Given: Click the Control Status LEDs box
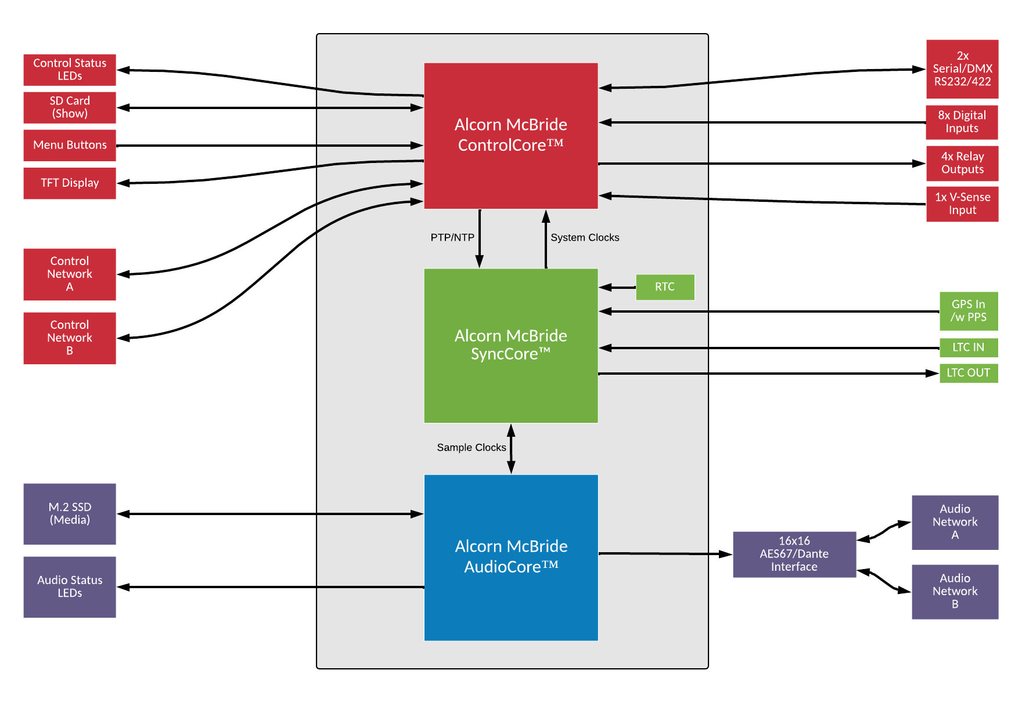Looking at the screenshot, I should (x=70, y=70).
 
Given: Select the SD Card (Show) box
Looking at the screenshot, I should (x=70, y=107).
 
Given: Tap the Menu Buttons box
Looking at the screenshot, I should (x=70, y=145).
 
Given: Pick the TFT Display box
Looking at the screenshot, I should (x=70, y=183).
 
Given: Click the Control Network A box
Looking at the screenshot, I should (x=70, y=274).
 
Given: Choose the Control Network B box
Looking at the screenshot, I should (x=70, y=338).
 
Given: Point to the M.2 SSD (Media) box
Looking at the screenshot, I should (x=70, y=514).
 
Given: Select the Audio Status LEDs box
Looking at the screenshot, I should (x=70, y=587).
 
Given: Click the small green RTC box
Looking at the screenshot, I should (x=665, y=287).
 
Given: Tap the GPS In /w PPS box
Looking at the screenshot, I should (x=969, y=311).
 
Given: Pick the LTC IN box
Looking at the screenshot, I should (x=969, y=347).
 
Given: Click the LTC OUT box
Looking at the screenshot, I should (x=969, y=373).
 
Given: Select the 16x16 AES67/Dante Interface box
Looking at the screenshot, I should (x=794, y=555).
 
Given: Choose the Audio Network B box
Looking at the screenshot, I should (x=955, y=592).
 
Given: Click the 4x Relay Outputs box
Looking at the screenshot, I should (x=962, y=164).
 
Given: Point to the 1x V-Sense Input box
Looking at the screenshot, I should (x=962, y=204).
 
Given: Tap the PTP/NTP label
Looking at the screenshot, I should (x=452, y=238).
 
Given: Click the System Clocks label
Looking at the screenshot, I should (x=585, y=238).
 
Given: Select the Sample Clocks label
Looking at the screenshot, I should (x=472, y=448).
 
